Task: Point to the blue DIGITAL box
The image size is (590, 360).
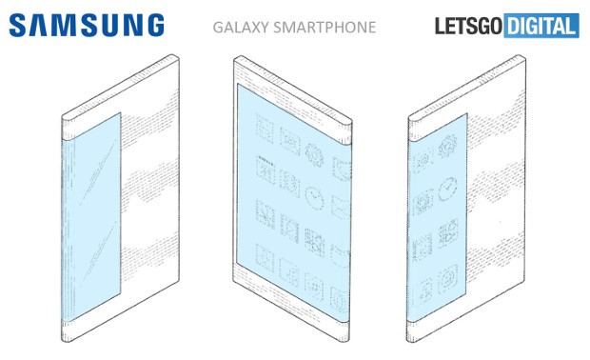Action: click(542, 26)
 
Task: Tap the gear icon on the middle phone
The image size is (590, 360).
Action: click(313, 150)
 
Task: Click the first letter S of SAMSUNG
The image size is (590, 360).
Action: click(21, 25)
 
